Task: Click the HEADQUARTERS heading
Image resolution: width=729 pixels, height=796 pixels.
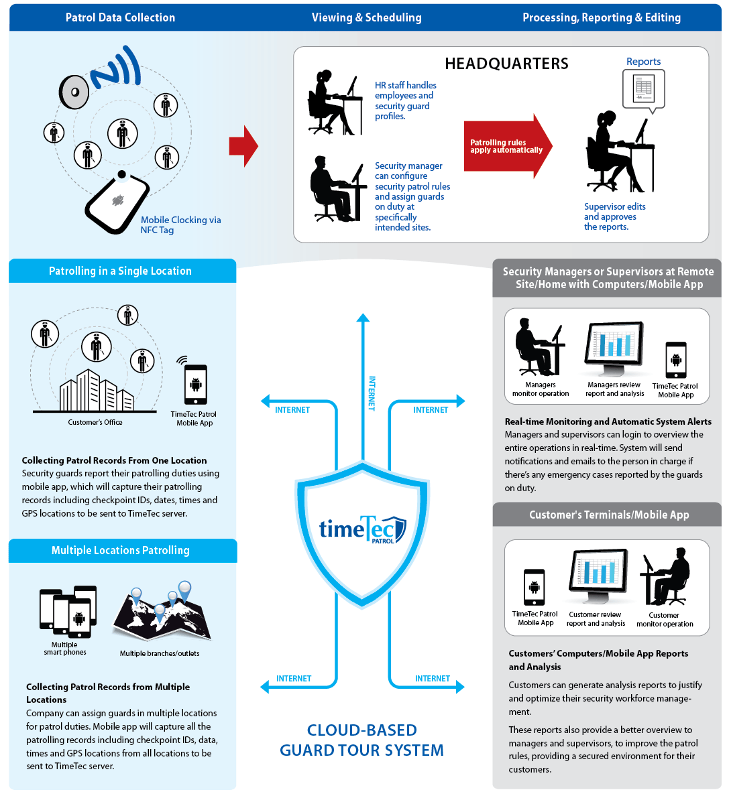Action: coord(506,64)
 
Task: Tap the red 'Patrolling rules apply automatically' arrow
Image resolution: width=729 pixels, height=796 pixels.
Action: coord(508,146)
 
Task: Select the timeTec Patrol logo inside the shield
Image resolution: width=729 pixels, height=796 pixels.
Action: coord(362,529)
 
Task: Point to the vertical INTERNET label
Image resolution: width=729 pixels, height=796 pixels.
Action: coord(372,393)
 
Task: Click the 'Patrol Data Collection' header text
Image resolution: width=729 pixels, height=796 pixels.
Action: coord(121,18)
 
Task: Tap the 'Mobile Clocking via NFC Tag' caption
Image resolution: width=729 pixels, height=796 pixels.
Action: coord(181,225)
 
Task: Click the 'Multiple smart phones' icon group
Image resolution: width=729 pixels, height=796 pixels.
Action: coord(68,612)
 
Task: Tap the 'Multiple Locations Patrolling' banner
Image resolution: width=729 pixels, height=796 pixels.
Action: coord(123,550)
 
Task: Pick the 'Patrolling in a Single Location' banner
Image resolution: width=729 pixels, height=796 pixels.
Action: coord(122,271)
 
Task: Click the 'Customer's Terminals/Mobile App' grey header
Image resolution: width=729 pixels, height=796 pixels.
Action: coord(607,515)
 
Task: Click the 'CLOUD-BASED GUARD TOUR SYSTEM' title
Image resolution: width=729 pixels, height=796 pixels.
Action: coord(361,740)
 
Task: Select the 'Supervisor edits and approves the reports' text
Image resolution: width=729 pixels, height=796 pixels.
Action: coord(615,217)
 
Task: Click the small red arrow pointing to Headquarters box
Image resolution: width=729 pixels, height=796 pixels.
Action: coord(244,146)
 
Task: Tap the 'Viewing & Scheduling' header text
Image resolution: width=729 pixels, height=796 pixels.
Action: coord(367,18)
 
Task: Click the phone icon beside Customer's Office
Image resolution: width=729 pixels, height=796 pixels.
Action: coord(196,385)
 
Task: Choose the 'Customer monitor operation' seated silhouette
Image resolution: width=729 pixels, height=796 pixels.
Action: coord(665,576)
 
